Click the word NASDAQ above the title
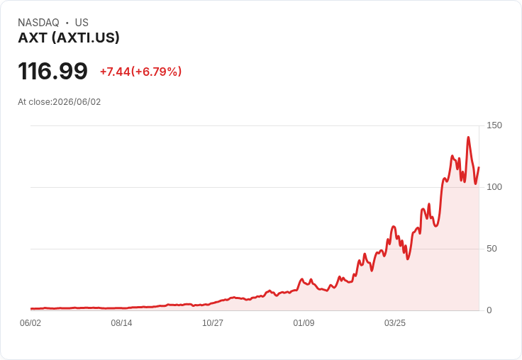pos(38,23)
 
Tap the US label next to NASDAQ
pos(82,23)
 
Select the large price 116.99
pos(52,71)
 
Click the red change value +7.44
pos(115,72)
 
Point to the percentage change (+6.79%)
pos(156,72)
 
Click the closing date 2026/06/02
pos(77,102)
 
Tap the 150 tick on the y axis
pos(494,125)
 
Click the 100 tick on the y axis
pos(494,187)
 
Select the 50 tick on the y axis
pos(492,249)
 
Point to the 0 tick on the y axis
pos(489,310)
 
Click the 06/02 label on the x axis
pos(30,323)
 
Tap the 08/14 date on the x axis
pos(121,323)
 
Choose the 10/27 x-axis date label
pos(213,323)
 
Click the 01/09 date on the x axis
pos(304,323)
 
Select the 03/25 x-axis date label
pos(395,323)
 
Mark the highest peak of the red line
pos(468,137)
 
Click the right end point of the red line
pos(479,167)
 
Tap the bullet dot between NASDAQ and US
pos(67,23)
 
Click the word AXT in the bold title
pos(33,38)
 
